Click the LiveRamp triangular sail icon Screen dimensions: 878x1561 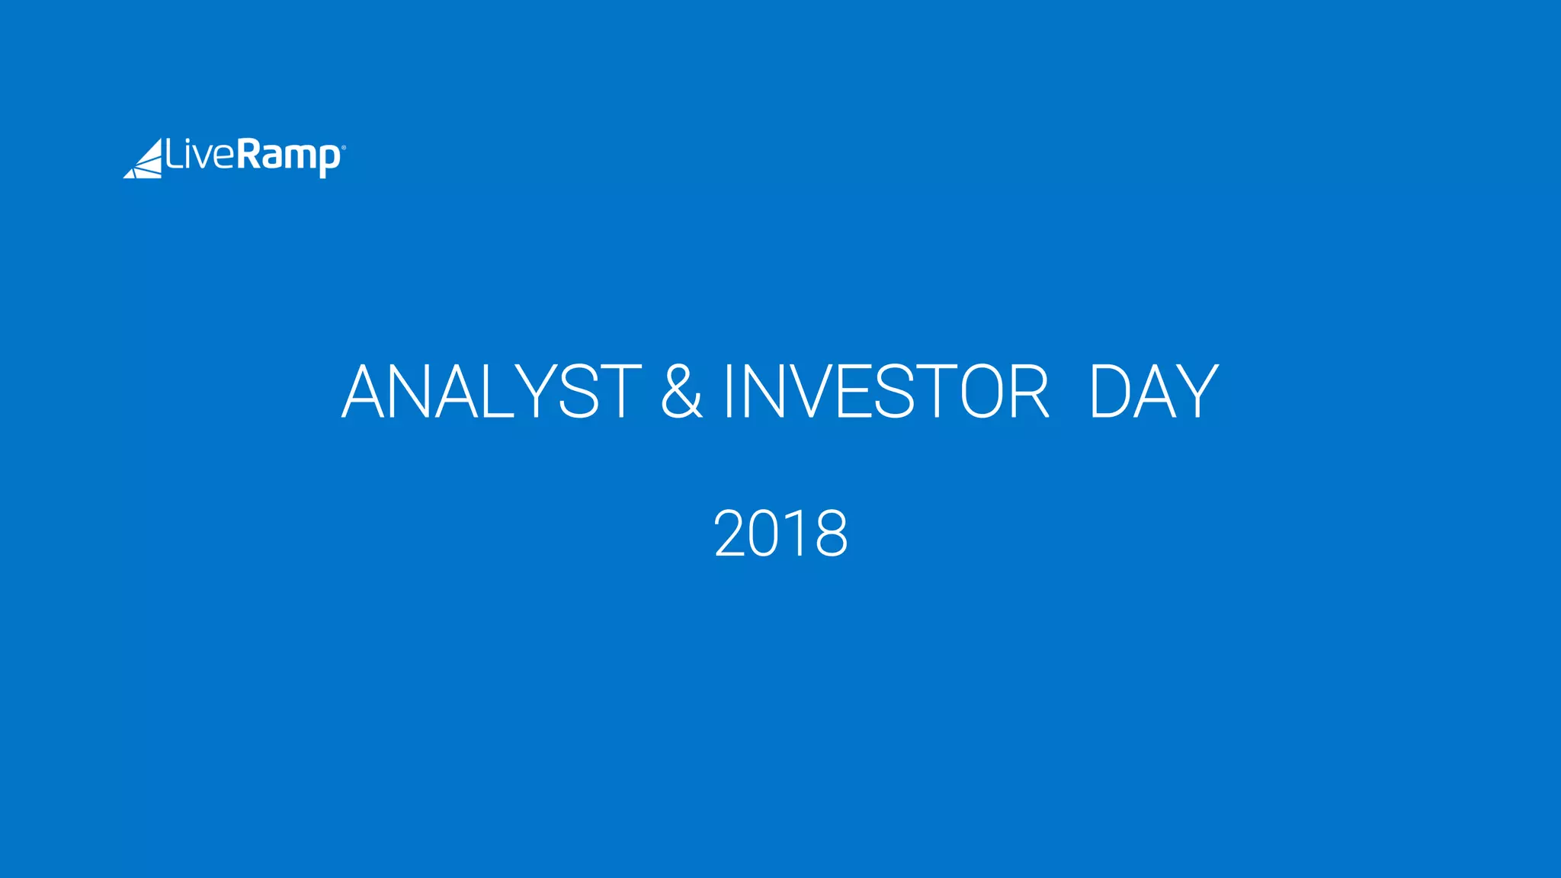144,159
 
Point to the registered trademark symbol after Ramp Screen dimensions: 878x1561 343,148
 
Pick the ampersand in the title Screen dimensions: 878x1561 681,392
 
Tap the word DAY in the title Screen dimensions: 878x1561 1153,392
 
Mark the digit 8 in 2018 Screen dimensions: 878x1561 830,534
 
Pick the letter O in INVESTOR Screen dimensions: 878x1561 981,392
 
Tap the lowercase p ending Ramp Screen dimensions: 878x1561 329,160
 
